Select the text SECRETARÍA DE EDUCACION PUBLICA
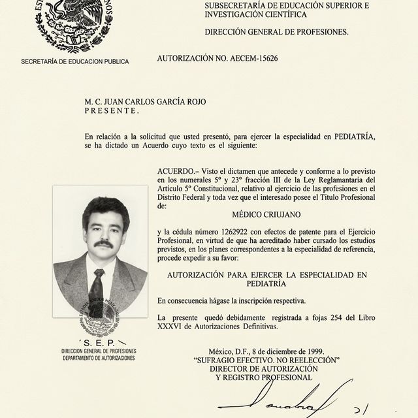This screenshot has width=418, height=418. click(75, 61)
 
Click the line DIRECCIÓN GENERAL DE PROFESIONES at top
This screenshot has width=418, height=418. click(276, 31)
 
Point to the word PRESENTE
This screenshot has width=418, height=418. click(112, 111)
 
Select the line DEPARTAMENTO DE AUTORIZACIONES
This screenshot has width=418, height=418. click(94, 359)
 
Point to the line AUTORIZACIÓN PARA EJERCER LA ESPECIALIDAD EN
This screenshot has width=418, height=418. click(267, 275)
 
